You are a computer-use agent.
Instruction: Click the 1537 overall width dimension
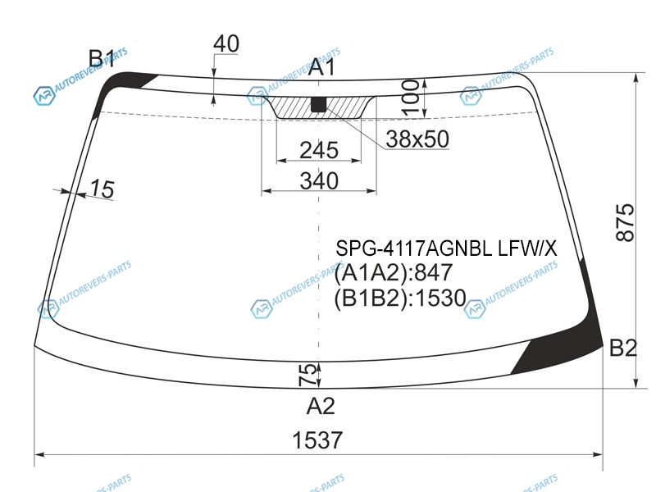(317, 440)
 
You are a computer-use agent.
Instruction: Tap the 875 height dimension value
(625, 222)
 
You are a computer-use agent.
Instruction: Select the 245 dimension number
(319, 150)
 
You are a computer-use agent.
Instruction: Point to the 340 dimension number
(319, 180)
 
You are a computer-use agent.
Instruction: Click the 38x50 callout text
(417, 139)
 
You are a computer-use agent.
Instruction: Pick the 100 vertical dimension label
(411, 97)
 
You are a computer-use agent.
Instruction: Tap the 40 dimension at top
(226, 43)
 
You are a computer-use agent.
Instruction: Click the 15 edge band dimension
(102, 189)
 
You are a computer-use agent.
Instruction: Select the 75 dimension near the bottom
(307, 375)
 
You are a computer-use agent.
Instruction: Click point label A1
(321, 67)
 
